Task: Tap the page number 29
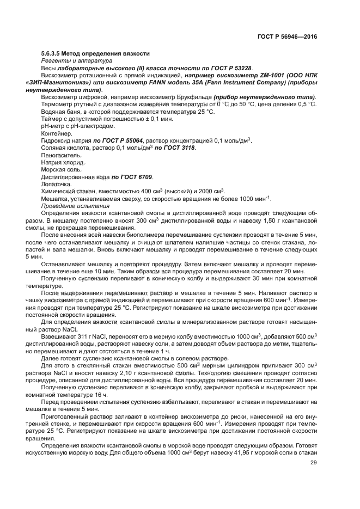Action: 313,463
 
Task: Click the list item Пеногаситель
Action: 61,156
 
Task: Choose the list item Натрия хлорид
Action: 63,163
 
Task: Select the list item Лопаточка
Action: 56,185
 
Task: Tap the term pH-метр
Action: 54,126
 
